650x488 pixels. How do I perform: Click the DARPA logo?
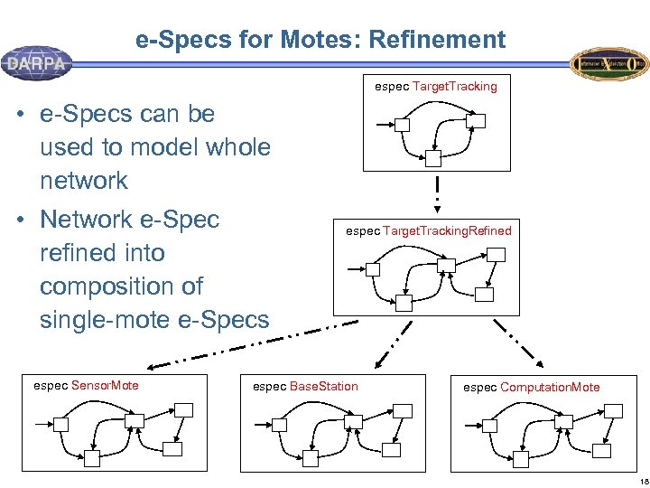(x=37, y=62)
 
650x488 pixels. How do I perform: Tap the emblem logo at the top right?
(x=608, y=63)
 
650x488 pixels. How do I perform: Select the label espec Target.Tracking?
(x=436, y=87)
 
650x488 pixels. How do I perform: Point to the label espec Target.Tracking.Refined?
(x=429, y=230)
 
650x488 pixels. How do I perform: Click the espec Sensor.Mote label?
(x=86, y=386)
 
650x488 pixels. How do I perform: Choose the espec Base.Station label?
(x=305, y=387)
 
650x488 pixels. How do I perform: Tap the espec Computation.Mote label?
(x=531, y=388)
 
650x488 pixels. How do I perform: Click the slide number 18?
(x=636, y=479)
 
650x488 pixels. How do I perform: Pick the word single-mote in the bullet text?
(x=108, y=319)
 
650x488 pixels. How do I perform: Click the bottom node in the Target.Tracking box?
(x=433, y=158)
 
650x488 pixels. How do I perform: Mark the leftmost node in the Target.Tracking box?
(x=403, y=125)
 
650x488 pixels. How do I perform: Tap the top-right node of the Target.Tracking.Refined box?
(x=496, y=255)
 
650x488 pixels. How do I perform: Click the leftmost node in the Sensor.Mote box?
(x=61, y=424)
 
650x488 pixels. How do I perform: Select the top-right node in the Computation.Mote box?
(x=614, y=411)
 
